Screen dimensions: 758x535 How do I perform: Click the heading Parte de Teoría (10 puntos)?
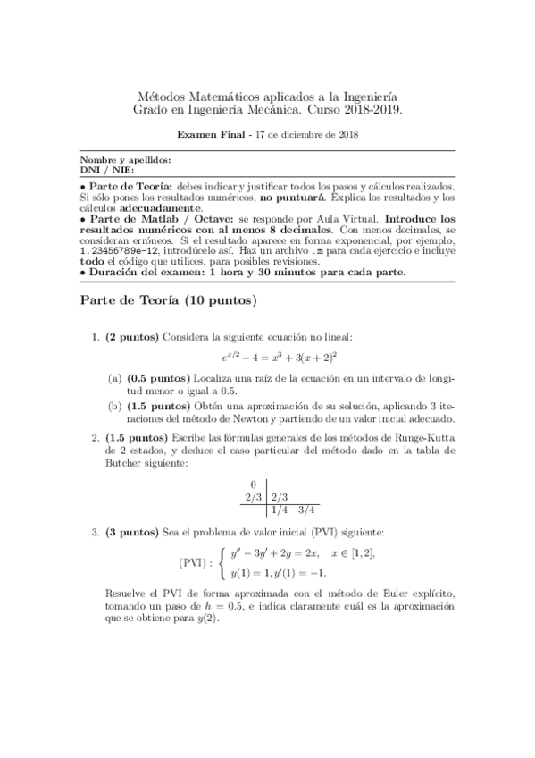click(168, 300)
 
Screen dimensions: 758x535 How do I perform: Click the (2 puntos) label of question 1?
click(132, 337)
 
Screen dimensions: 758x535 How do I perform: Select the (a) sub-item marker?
click(115, 378)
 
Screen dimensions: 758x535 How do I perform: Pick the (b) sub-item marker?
click(115, 403)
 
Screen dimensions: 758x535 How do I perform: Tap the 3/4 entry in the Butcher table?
click(307, 510)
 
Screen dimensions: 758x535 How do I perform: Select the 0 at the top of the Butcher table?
click(253, 484)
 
